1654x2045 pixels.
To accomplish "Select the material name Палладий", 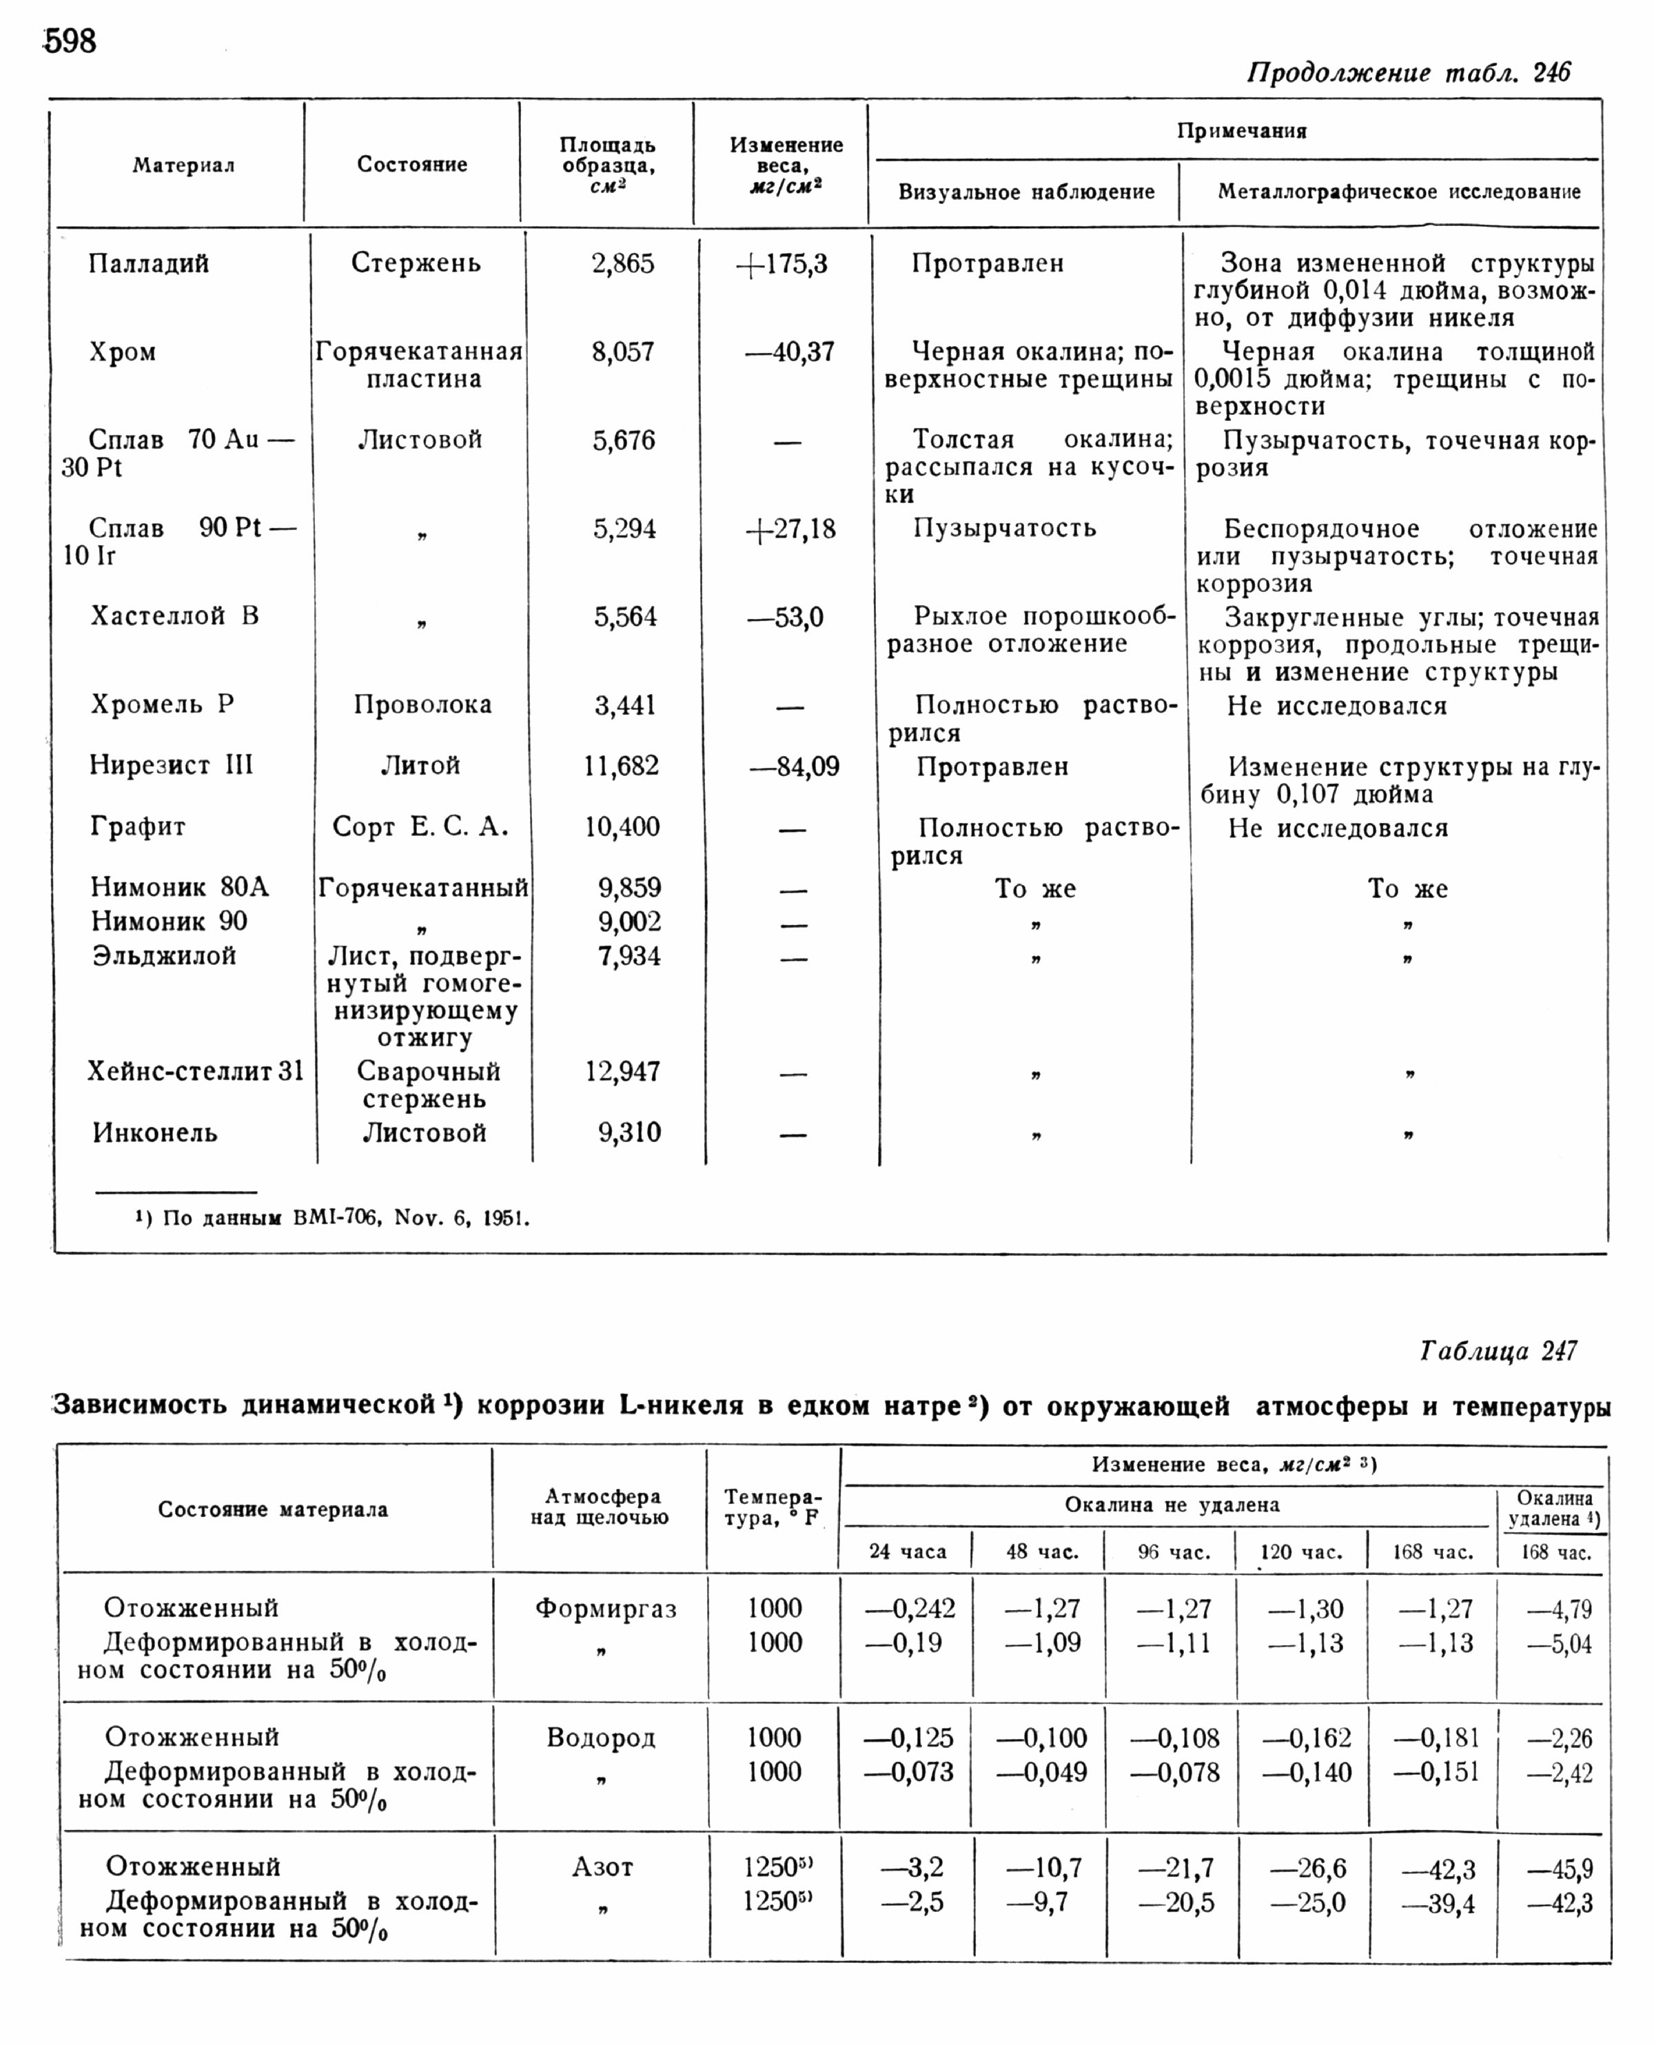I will (149, 264).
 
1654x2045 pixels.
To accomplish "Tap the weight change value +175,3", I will (782, 265).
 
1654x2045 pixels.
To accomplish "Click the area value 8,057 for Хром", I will (623, 353).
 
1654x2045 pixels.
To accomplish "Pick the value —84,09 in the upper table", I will (795, 767).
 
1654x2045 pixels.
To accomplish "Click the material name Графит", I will (138, 826).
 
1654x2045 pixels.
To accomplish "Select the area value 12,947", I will (623, 1072).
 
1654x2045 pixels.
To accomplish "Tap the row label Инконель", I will (155, 1133).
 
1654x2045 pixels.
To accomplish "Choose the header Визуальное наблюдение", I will (1026, 192).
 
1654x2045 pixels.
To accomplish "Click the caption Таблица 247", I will (1498, 1351).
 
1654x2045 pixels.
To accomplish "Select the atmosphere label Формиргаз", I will (606, 1609).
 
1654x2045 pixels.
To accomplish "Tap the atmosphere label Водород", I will (601, 1738).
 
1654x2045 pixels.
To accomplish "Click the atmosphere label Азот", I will (602, 1868).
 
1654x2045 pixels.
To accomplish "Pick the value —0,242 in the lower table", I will (910, 1609).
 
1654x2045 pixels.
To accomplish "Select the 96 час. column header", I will (1174, 1552).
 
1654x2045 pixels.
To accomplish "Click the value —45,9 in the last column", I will (1560, 1870).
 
